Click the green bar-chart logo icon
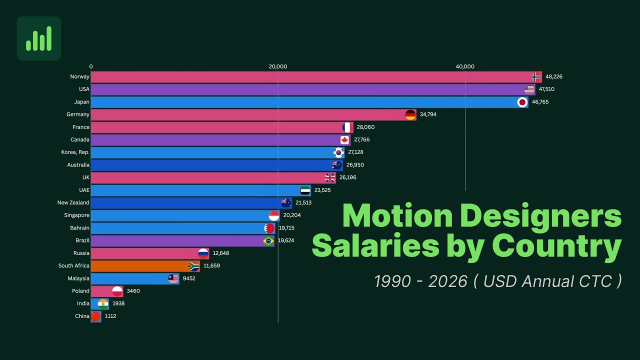tap(39, 38)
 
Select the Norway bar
tap(310, 77)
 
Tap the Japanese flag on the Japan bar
tap(522, 102)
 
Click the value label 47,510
tap(546, 89)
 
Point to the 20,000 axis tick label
tap(278, 66)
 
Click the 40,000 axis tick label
tap(465, 66)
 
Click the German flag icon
tap(410, 114)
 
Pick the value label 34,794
tap(428, 114)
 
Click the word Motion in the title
tap(397, 216)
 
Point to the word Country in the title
tap(556, 246)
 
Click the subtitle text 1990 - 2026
tap(420, 281)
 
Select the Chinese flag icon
tap(95, 316)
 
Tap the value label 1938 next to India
tap(118, 303)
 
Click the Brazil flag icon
tap(268, 240)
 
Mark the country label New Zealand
tap(73, 203)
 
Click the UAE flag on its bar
tap(305, 190)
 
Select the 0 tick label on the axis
tap(91, 66)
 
